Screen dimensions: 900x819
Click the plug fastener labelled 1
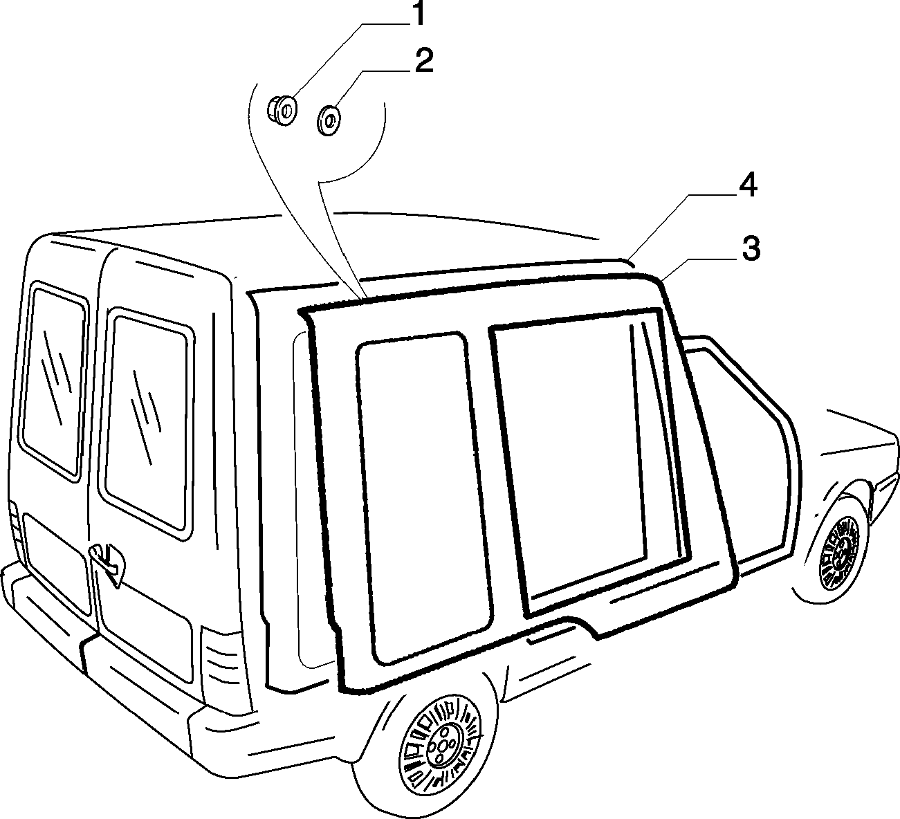click(282, 111)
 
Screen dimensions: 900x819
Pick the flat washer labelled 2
click(329, 120)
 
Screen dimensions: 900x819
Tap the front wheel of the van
click(837, 552)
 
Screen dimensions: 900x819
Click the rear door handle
click(108, 562)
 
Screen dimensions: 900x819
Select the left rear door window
click(54, 380)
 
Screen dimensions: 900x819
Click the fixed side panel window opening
click(422, 497)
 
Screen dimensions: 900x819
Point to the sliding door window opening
click(588, 449)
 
